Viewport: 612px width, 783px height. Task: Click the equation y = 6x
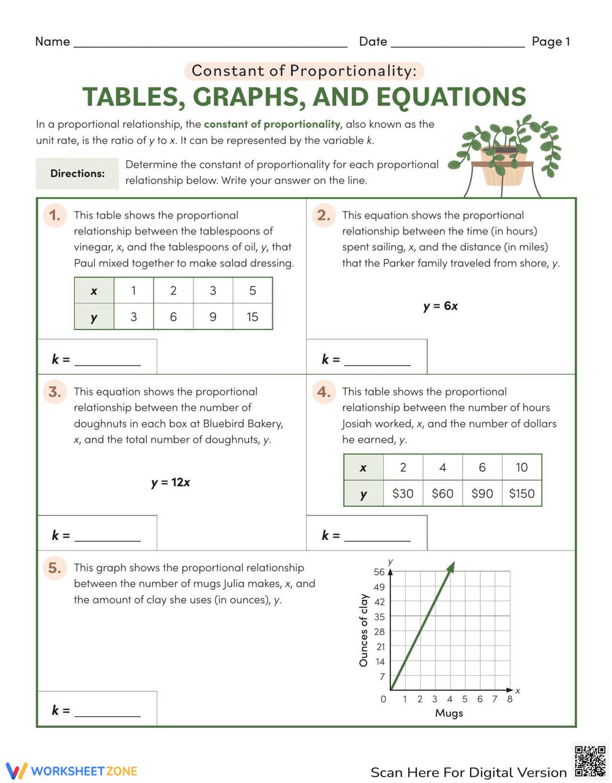pyautogui.click(x=440, y=306)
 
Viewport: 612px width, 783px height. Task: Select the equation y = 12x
pyautogui.click(x=171, y=482)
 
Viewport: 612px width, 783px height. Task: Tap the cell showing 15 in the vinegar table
pyautogui.click(x=252, y=317)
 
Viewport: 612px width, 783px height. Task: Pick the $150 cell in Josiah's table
pyautogui.click(x=521, y=493)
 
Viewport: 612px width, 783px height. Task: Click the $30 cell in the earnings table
pyautogui.click(x=403, y=493)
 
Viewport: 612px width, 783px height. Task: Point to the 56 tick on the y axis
pyautogui.click(x=379, y=572)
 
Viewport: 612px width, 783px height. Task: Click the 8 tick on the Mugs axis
pyautogui.click(x=510, y=699)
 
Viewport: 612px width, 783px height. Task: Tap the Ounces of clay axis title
pyautogui.click(x=364, y=630)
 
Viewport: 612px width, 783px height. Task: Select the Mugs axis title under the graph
pyautogui.click(x=449, y=713)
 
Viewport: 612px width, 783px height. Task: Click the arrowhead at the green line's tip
pyautogui.click(x=452, y=567)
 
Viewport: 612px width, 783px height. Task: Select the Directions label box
pyautogui.click(x=77, y=173)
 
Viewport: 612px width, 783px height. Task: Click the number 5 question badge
pyautogui.click(x=54, y=568)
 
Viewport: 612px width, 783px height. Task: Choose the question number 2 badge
pyautogui.click(x=324, y=215)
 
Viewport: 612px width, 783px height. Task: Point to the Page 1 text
pyautogui.click(x=550, y=42)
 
